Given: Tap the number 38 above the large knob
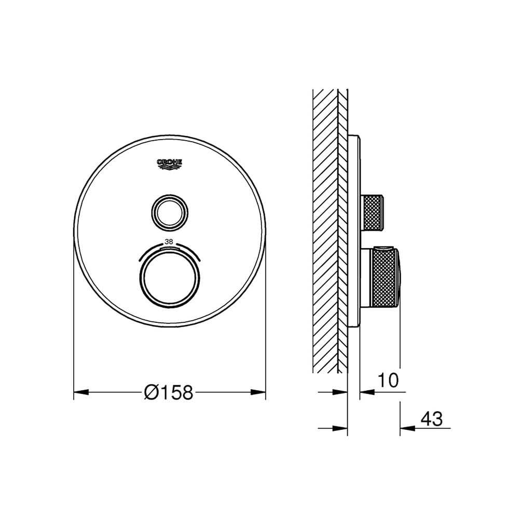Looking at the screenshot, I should pyautogui.click(x=169, y=241).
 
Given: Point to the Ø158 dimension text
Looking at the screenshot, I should pyautogui.click(x=169, y=393).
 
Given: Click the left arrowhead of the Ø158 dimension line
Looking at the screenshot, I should pyautogui.click(x=79, y=393).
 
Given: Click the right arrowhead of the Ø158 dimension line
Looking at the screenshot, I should pyautogui.click(x=260, y=393).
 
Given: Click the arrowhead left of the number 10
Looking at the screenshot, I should pyautogui.click(x=366, y=392).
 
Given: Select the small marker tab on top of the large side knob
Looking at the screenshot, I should pyautogui.click(x=383, y=248).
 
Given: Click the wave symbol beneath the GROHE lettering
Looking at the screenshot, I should pyautogui.click(x=170, y=167).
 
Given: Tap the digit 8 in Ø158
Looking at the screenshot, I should pyautogui.click(x=187, y=393).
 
